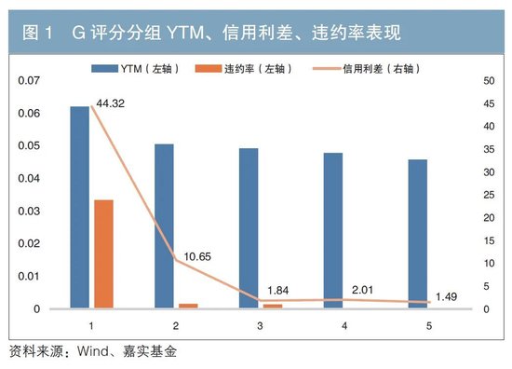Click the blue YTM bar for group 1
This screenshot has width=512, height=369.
pyautogui.click(x=79, y=207)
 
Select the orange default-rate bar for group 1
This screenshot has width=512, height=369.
pyautogui.click(x=103, y=253)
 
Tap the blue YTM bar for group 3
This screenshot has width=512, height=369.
pyautogui.click(x=249, y=228)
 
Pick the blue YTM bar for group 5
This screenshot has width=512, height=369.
pyautogui.click(x=418, y=234)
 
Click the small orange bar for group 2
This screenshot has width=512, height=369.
pyautogui.click(x=188, y=306)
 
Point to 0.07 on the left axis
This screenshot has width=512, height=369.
pyautogui.click(x=30, y=81)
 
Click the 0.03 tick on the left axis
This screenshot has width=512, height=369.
pyautogui.click(x=30, y=212)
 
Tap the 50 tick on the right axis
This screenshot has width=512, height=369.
pyautogui.click(x=483, y=81)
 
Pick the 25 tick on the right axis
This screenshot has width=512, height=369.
pyautogui.click(x=483, y=196)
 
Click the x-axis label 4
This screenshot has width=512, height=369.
pyautogui.click(x=344, y=326)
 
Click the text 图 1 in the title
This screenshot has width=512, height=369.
pyautogui.click(x=37, y=34)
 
